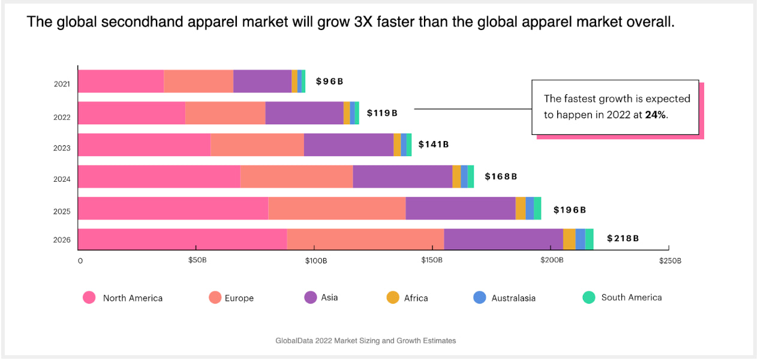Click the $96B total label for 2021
329,82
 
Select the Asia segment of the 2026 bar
503,239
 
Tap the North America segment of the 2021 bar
121,81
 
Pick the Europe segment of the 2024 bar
296,176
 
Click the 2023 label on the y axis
62,148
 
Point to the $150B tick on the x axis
431,260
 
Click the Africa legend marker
393,297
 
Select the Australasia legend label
513,298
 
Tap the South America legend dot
589,297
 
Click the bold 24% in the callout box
655,115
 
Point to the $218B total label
622,238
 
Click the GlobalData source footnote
366,341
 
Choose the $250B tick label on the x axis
669,260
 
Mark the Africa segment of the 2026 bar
569,239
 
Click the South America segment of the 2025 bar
537,208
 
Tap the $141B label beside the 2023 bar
433,144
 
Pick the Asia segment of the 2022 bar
304,113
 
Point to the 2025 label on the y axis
62,212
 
